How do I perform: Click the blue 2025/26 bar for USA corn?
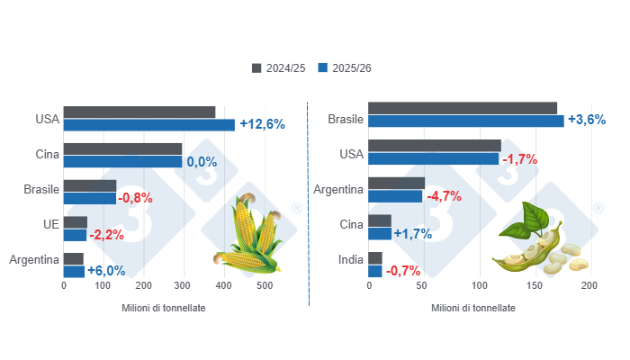point(148,125)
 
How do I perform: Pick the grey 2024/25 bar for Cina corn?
point(122,148)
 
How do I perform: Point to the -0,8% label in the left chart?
point(136,198)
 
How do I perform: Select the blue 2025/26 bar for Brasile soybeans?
point(466,121)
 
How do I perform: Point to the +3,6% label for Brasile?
point(586,121)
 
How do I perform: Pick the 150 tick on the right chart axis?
point(534,286)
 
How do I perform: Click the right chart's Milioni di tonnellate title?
point(473,308)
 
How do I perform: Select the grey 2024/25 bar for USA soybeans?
point(435,145)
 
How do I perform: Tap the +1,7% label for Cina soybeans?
point(413,234)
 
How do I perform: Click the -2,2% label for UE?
point(109,235)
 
